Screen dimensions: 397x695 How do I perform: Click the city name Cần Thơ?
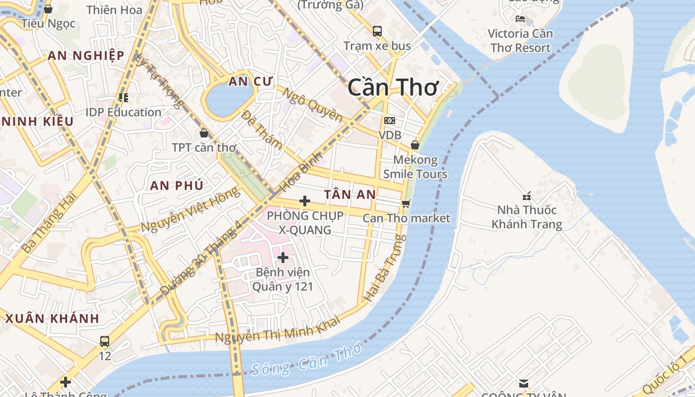[393, 87]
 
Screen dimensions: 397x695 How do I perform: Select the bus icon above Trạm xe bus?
[377, 31]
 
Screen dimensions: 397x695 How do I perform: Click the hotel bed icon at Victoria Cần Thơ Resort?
[520, 19]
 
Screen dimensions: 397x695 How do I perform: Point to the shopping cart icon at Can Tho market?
[406, 203]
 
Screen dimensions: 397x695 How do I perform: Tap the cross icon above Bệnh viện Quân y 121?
[283, 257]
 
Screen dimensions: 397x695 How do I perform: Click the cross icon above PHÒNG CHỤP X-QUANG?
[305, 201]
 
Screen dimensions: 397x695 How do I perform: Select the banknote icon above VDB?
[390, 121]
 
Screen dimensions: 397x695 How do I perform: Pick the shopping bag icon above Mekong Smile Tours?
[415, 145]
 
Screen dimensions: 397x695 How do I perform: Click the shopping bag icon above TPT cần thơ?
[204, 133]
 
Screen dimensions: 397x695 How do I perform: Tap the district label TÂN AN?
[350, 195]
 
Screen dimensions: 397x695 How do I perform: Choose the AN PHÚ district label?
[177, 186]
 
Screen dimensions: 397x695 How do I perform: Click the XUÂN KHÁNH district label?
[52, 319]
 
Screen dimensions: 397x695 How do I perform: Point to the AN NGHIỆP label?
[86, 56]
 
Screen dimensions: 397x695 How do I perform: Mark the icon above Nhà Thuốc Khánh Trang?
[527, 196]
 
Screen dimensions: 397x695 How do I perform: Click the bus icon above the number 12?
[105, 341]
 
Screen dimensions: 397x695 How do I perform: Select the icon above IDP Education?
[123, 98]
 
